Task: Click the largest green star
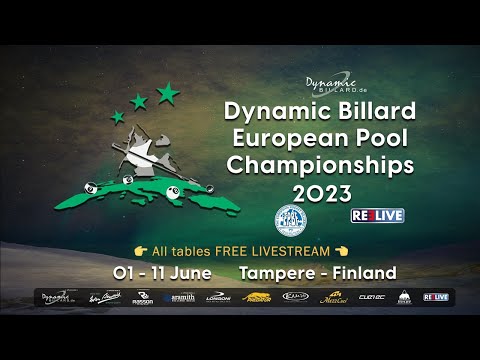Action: (168, 93)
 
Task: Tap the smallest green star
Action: (118, 117)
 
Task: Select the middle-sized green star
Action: (139, 102)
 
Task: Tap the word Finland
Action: (363, 272)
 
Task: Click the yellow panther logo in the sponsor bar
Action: (257, 297)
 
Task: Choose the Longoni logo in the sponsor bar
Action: (218, 297)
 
